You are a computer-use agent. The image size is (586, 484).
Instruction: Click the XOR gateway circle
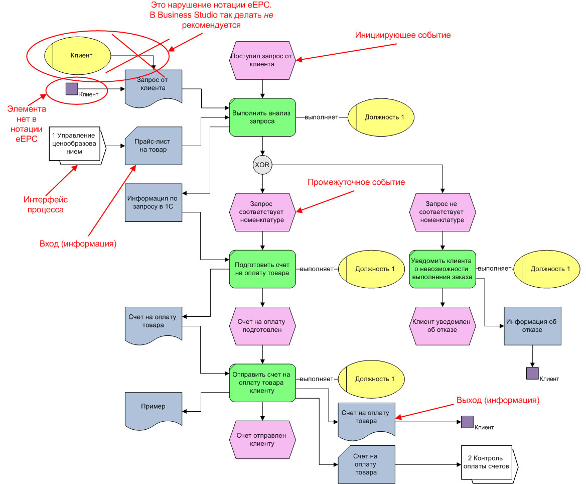(262, 165)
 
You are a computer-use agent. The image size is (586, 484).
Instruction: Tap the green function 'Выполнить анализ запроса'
(262, 117)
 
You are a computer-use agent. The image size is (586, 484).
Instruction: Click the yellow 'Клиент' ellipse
(78, 56)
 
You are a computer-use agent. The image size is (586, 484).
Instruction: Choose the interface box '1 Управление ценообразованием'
(76, 145)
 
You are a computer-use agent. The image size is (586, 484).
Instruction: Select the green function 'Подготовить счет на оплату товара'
(262, 269)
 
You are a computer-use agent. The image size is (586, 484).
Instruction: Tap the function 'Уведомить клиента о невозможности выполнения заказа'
(442, 269)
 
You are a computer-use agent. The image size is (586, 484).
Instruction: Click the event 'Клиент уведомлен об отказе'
(442, 326)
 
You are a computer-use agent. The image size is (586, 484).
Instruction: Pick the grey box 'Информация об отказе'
(532, 326)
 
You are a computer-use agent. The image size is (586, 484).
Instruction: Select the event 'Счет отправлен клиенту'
(262, 439)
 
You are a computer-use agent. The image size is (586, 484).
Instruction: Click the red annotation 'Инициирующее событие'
(403, 35)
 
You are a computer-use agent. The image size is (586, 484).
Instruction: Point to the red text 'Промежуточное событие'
(356, 182)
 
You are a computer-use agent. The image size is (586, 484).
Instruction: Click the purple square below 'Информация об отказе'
(532, 373)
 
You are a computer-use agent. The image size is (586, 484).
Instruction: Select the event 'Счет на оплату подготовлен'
(262, 326)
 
